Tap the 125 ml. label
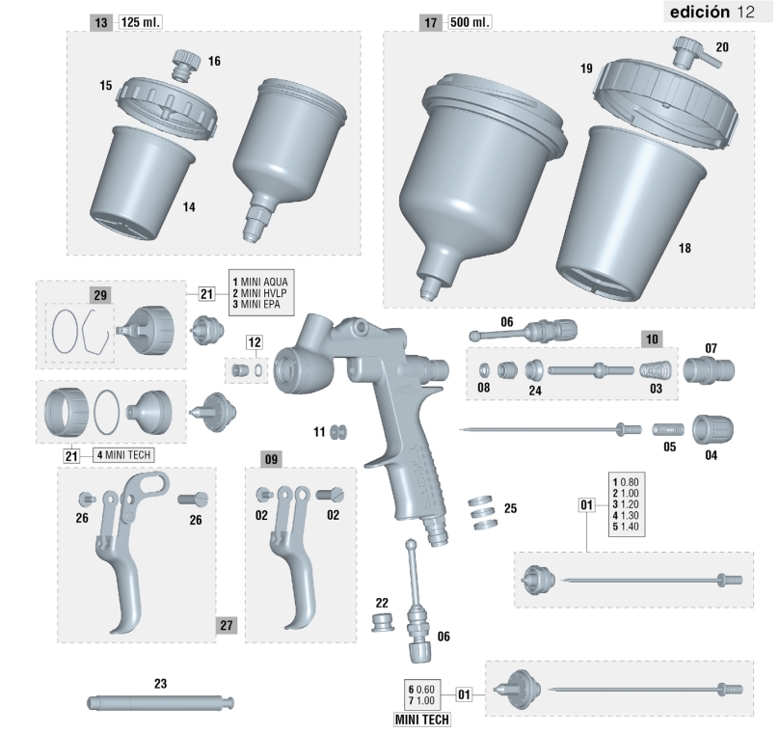141,22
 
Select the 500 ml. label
471,22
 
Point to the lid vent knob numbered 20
696,53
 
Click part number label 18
685,248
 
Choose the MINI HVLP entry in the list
259,293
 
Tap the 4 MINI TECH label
123,455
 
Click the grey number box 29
100,295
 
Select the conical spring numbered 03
655,370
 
